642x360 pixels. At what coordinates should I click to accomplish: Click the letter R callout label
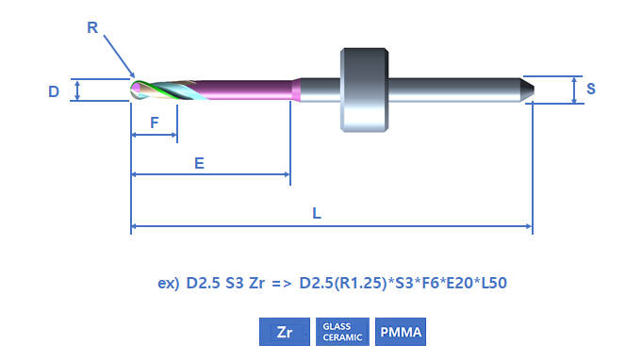coord(92,27)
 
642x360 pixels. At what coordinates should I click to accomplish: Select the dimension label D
coord(54,91)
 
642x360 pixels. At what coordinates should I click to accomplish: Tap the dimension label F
coord(155,123)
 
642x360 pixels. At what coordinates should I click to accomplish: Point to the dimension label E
coord(199,163)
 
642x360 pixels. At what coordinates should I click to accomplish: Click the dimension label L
coord(317,213)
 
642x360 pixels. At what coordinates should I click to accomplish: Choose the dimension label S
coord(590,89)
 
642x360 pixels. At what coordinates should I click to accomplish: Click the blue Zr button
coord(285,332)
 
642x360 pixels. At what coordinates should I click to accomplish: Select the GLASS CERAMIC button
coord(342,332)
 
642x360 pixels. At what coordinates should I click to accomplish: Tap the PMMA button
coord(401,332)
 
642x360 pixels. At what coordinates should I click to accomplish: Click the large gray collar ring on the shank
coord(365,90)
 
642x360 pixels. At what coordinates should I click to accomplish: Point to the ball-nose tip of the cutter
coord(135,90)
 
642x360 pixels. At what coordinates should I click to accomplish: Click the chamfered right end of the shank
coord(528,90)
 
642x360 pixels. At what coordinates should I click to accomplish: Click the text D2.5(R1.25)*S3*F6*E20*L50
coord(403,283)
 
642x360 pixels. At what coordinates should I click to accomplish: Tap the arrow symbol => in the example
coord(282,283)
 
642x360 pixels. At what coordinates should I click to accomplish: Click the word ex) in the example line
coord(169,283)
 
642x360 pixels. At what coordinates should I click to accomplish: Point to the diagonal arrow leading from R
coord(119,56)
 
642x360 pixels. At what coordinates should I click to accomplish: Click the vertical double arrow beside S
coord(574,90)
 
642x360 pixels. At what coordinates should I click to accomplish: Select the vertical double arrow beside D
coord(77,90)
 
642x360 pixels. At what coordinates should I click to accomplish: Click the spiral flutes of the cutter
coord(168,90)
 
